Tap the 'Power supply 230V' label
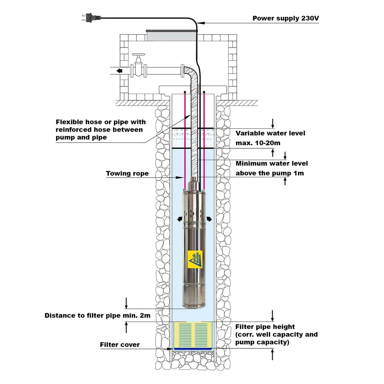point(286,18)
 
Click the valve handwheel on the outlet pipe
point(139,56)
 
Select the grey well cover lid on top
point(172,35)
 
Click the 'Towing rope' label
point(127,174)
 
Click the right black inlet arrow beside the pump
point(209,218)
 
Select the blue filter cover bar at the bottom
point(193,349)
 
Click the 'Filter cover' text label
point(120,344)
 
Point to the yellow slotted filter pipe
point(193,334)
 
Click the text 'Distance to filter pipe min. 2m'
point(97,316)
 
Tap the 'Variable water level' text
point(270,133)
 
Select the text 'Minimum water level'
point(272,163)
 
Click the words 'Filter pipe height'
point(265,326)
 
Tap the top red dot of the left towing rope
point(185,92)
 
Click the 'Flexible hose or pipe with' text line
point(101,122)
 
